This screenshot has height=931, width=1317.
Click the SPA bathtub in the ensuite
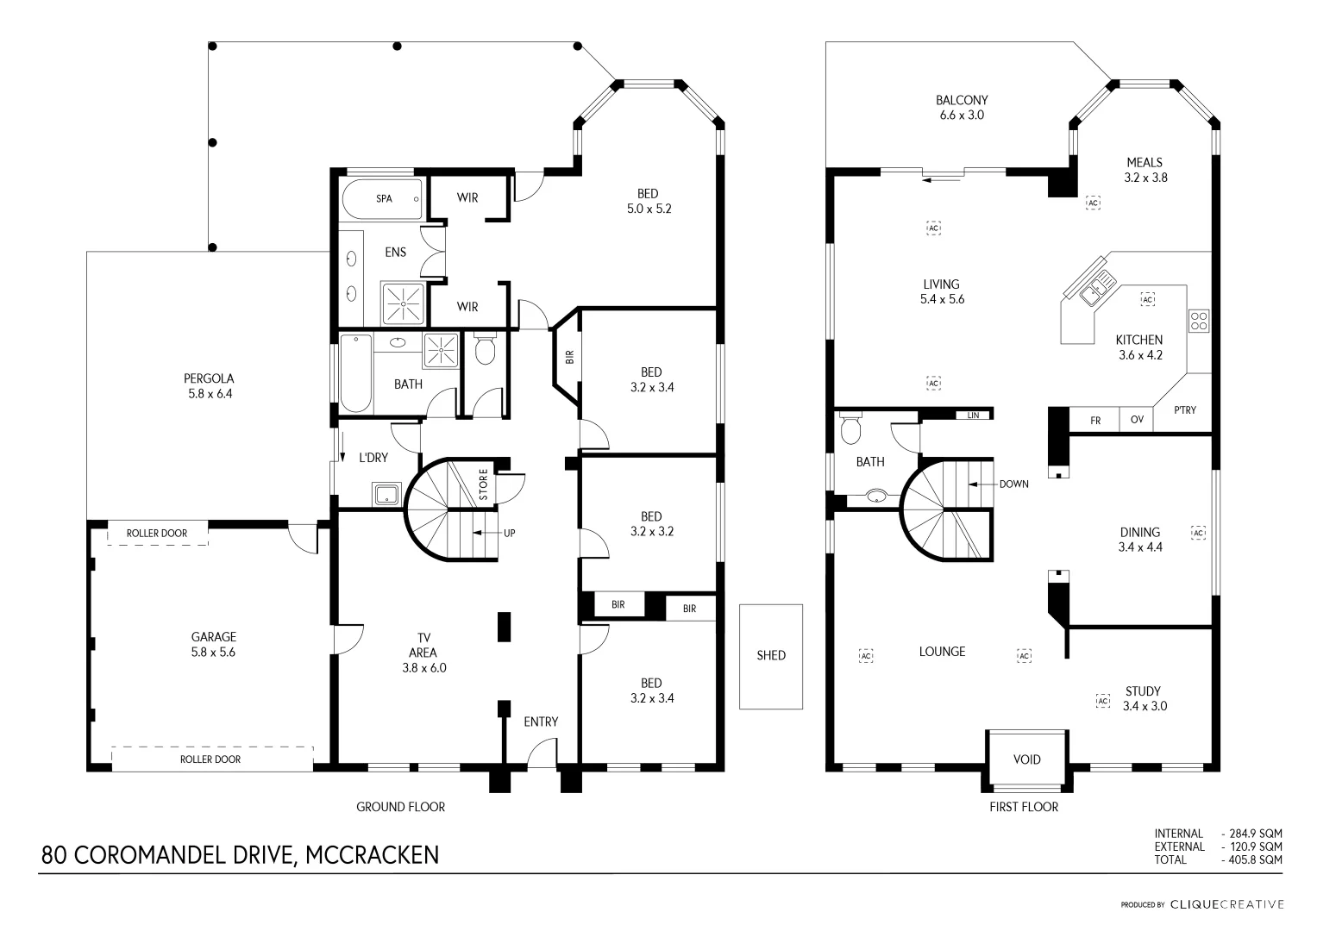coord(383,199)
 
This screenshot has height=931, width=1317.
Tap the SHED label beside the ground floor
coord(771,655)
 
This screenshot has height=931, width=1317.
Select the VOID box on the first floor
coord(1026,759)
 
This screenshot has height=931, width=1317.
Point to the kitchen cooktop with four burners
coord(1199,320)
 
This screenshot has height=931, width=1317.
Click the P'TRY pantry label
coord(1185,410)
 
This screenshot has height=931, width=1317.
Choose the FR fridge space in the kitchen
coord(1095,421)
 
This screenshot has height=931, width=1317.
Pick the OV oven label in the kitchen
coord(1137,421)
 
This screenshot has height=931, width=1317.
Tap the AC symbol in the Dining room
coord(1198,533)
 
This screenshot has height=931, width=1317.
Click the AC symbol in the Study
coord(1102,701)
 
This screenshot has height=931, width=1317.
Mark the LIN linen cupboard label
coord(974,416)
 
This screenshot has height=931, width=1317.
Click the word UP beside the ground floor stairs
coord(509,533)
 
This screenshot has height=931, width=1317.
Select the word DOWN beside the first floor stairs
coord(1013,484)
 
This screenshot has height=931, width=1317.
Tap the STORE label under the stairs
coord(484,484)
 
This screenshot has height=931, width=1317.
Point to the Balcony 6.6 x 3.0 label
coord(962,107)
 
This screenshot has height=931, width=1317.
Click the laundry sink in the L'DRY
coord(385,495)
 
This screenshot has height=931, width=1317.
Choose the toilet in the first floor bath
coord(851,428)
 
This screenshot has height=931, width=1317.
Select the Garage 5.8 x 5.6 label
coord(213,645)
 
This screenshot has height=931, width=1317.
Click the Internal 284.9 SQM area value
coord(1252,834)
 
